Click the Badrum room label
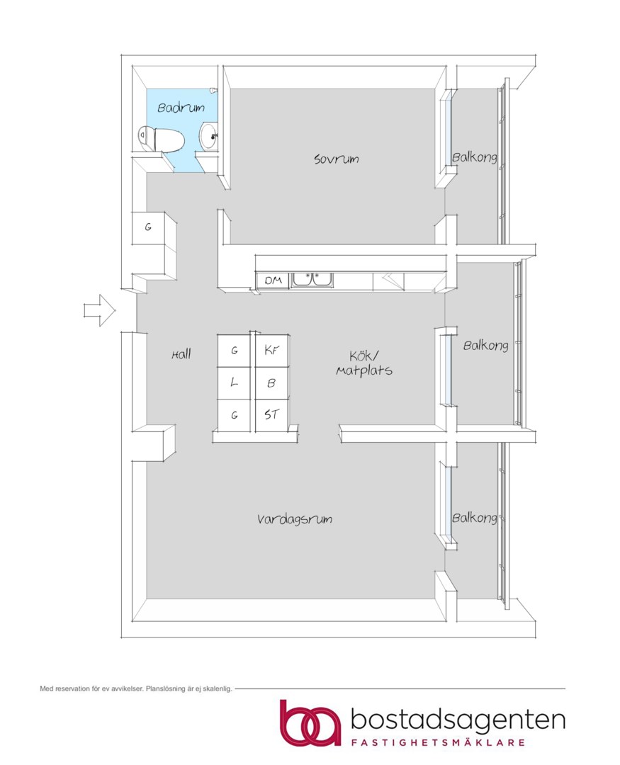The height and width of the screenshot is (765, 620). coord(181,108)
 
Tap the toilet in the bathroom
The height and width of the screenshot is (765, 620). coord(161,139)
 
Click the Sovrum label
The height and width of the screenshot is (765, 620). coord(337,159)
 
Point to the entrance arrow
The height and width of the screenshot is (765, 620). coord(100,310)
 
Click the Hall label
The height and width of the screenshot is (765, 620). coord(181,354)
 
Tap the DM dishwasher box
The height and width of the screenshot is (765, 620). coord(273,280)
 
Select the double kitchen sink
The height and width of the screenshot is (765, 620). coord(312,280)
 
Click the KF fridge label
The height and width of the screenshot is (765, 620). coord(272,350)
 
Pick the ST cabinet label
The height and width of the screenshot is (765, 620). coord(271,414)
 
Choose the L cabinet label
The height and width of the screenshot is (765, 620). coord(235,382)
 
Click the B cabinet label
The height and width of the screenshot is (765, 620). coord(271,383)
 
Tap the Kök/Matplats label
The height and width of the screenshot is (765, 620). coord(364,363)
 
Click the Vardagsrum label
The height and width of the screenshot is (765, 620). coord(295,518)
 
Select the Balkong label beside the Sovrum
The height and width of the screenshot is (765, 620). coord(475,157)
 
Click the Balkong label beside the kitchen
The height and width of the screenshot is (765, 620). coord(486,346)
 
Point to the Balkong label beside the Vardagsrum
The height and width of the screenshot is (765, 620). coord(475,518)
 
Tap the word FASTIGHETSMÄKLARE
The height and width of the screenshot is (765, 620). coord(439,742)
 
